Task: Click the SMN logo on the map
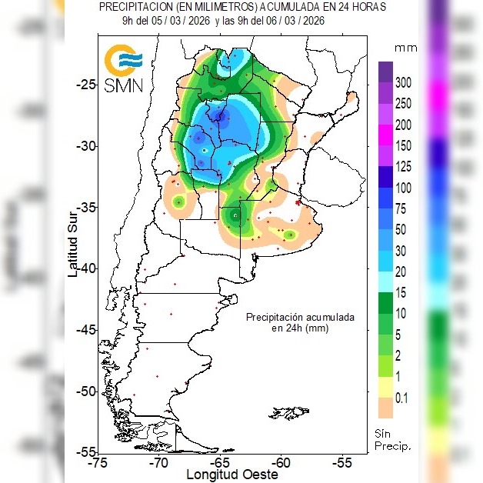(x=124, y=68)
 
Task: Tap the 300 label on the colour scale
(x=404, y=83)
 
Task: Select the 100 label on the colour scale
(x=404, y=188)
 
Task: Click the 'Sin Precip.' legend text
(x=392, y=439)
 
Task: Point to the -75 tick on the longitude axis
(x=98, y=463)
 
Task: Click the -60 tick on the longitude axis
(x=281, y=463)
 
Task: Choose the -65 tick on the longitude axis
(x=221, y=463)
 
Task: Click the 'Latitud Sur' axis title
(x=72, y=241)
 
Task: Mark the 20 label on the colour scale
(x=401, y=271)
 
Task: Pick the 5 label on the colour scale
(x=398, y=335)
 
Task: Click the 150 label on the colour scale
(x=404, y=146)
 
